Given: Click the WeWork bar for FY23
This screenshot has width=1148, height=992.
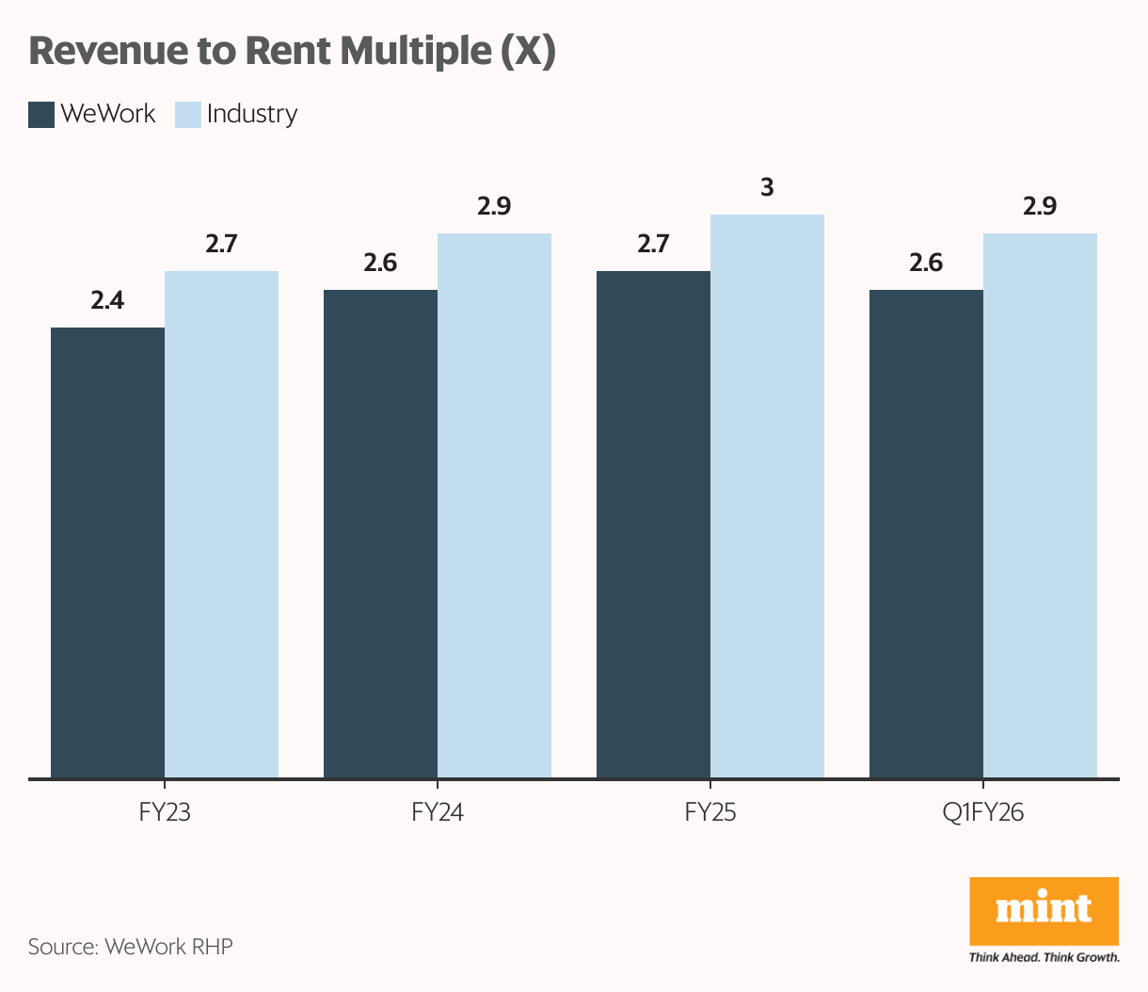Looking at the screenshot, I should point(107,552).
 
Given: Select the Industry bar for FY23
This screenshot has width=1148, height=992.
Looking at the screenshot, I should point(221,524).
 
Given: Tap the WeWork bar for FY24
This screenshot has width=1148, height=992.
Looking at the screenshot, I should point(380,534).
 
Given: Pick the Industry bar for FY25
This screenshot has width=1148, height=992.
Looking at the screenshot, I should point(767,496).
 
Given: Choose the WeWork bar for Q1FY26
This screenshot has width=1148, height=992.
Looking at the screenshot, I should point(926,534).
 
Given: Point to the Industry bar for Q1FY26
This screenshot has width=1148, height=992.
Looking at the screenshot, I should point(1040,505).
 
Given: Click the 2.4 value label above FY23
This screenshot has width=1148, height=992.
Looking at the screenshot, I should point(107,301).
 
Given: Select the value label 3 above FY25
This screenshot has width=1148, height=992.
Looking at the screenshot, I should point(767,188).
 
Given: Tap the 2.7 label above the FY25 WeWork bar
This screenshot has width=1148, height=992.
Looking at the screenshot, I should point(653,245).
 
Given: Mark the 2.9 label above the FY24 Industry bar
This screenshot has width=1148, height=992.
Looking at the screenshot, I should point(494,207).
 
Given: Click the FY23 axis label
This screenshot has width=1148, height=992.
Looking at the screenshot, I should point(165,812).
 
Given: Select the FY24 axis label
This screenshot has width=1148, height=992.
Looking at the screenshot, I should point(438,812).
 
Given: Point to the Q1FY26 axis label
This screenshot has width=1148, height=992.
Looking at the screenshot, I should point(982,812).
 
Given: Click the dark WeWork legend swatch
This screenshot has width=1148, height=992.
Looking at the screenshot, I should point(41,115).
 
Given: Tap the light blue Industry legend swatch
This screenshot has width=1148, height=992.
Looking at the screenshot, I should point(188,115).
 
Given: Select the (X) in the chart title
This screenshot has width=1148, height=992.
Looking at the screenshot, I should point(527,52).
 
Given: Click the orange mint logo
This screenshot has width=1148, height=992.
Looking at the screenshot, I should point(1044,910).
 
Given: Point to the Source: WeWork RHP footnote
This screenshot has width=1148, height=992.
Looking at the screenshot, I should point(130,946).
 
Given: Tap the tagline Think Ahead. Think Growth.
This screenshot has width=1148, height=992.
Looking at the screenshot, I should point(1044,957).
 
